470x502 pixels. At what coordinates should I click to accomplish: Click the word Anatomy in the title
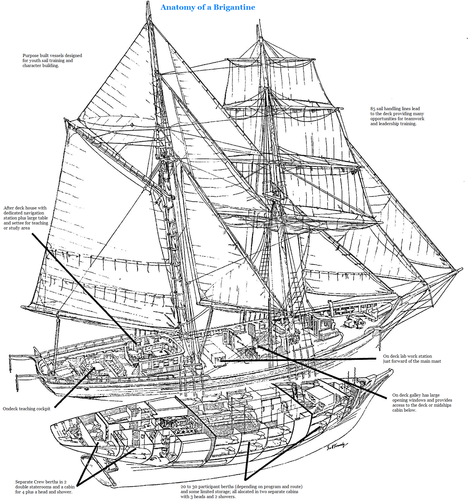coord(178,8)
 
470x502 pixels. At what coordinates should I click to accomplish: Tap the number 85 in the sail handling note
coord(373,109)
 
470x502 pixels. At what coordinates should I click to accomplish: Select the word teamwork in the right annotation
coord(415,119)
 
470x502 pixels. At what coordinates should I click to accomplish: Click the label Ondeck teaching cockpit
coord(26,409)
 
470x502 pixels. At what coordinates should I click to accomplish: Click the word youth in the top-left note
coord(35,61)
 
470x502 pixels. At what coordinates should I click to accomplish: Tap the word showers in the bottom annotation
coord(227,497)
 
